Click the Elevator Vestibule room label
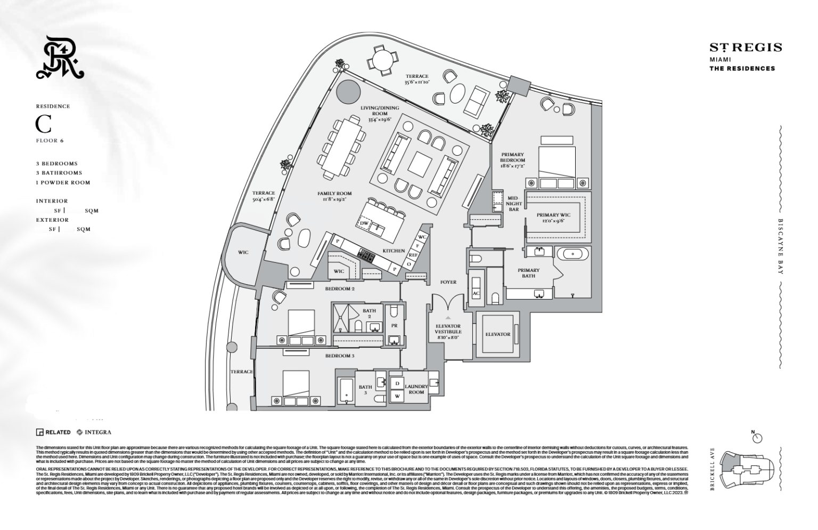click(448, 332)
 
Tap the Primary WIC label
click(553, 218)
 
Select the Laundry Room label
click(416, 389)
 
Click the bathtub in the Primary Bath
click(572, 253)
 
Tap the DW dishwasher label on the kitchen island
click(365, 222)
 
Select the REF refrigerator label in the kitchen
click(413, 255)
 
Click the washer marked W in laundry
click(396, 396)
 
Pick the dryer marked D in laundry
click(396, 383)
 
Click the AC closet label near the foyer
click(476, 293)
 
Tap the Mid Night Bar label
click(512, 204)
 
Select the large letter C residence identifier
click(44, 124)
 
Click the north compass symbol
click(757, 438)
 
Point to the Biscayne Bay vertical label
click(781, 246)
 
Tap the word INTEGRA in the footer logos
click(98, 432)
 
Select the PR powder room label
click(394, 325)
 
